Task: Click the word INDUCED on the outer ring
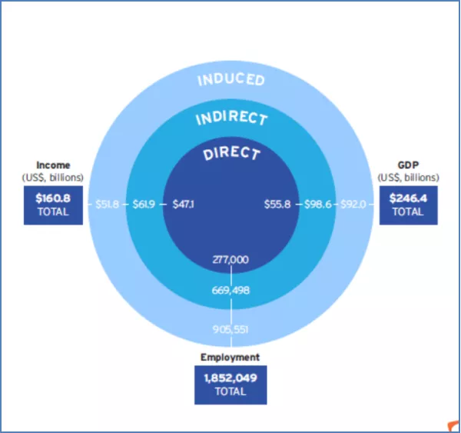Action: (x=230, y=79)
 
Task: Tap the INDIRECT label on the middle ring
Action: (x=231, y=118)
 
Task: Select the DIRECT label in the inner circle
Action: (x=231, y=153)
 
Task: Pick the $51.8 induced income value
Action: (x=107, y=205)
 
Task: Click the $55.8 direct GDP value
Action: (x=277, y=205)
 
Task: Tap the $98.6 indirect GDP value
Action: (x=317, y=205)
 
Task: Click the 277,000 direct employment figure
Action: (x=230, y=260)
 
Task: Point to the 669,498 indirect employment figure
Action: (x=230, y=290)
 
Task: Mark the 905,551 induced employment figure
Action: (x=230, y=329)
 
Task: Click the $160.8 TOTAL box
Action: (x=53, y=205)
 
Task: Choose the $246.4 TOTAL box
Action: (x=408, y=205)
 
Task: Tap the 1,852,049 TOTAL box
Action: (x=230, y=384)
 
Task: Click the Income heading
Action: (x=53, y=165)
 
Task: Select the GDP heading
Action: (x=408, y=165)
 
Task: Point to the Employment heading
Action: (x=230, y=357)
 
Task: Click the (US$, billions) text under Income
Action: (x=53, y=177)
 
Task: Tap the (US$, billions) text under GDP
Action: (x=408, y=177)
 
